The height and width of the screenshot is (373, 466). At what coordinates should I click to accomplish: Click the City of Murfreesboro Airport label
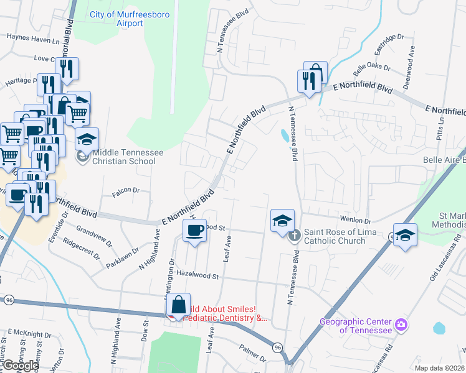[x=125, y=19]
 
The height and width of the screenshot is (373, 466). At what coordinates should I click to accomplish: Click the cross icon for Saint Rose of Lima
[x=294, y=234]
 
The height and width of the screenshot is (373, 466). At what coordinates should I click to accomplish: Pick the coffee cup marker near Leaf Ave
[x=194, y=231]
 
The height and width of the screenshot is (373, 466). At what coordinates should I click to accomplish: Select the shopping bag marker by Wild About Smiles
[x=178, y=305]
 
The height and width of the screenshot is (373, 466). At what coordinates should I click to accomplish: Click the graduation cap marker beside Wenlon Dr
[x=282, y=220]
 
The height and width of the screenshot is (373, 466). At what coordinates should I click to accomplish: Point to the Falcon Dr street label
[x=124, y=191]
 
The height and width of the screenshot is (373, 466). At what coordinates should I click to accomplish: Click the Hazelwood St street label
[x=199, y=274]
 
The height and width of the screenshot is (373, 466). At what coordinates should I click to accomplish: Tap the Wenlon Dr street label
[x=355, y=220]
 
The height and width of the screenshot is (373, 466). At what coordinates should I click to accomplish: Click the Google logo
[x=21, y=366]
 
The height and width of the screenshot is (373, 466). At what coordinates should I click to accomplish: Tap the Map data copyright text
[x=439, y=368]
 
